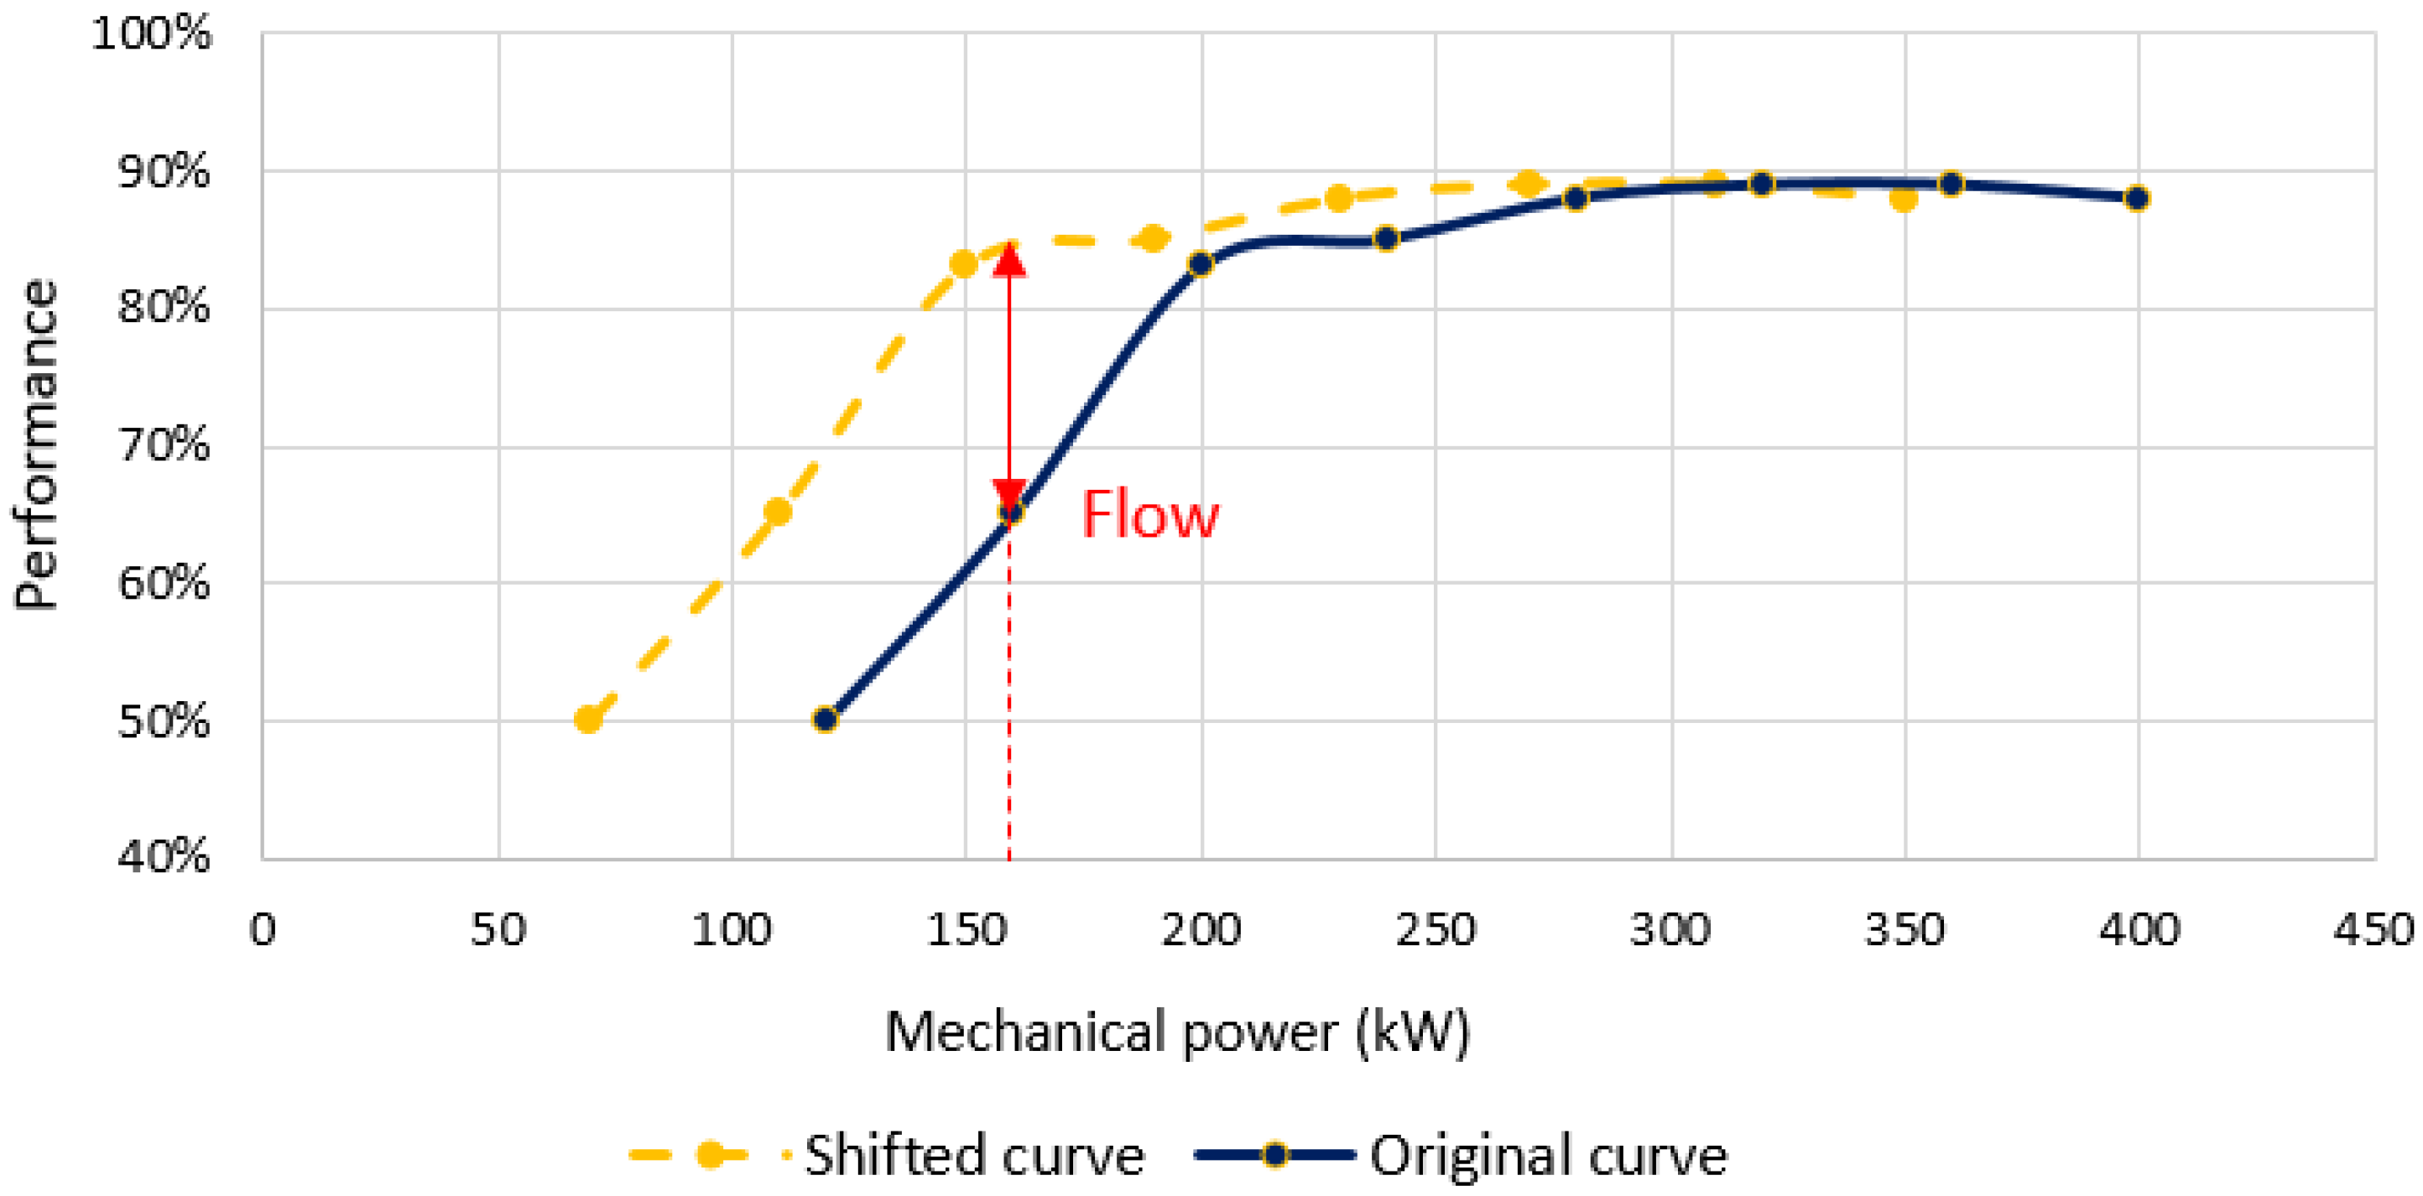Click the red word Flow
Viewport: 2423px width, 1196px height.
(x=1149, y=515)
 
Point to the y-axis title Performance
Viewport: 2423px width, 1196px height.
(x=38, y=445)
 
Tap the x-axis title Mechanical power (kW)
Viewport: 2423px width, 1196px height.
(x=1177, y=1032)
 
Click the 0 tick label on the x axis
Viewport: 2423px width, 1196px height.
(x=263, y=930)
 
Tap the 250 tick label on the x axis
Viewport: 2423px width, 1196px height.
(x=1436, y=930)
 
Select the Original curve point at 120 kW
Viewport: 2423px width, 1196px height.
(x=825, y=720)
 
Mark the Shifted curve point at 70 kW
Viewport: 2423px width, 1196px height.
(x=589, y=720)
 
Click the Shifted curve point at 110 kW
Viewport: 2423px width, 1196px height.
(x=778, y=512)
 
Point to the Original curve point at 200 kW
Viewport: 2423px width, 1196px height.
(x=1201, y=265)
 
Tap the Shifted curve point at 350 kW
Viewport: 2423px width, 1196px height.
(x=1904, y=200)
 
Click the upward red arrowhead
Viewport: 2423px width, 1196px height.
(x=1009, y=259)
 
